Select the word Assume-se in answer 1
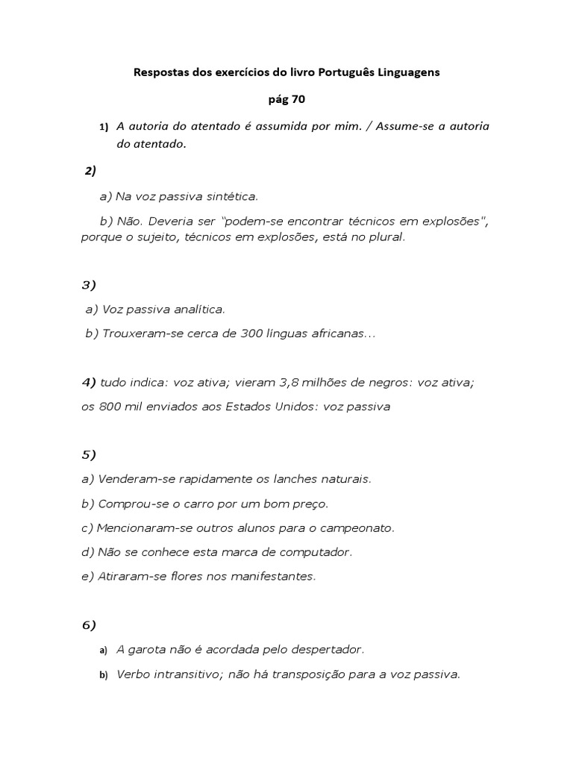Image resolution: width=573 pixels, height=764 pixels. click(404, 126)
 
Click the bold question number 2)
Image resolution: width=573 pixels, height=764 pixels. click(90, 171)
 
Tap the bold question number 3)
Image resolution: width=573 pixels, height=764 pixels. click(90, 285)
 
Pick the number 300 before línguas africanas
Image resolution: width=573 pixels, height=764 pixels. click(251, 334)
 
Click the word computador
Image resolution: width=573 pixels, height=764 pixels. click(314, 552)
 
